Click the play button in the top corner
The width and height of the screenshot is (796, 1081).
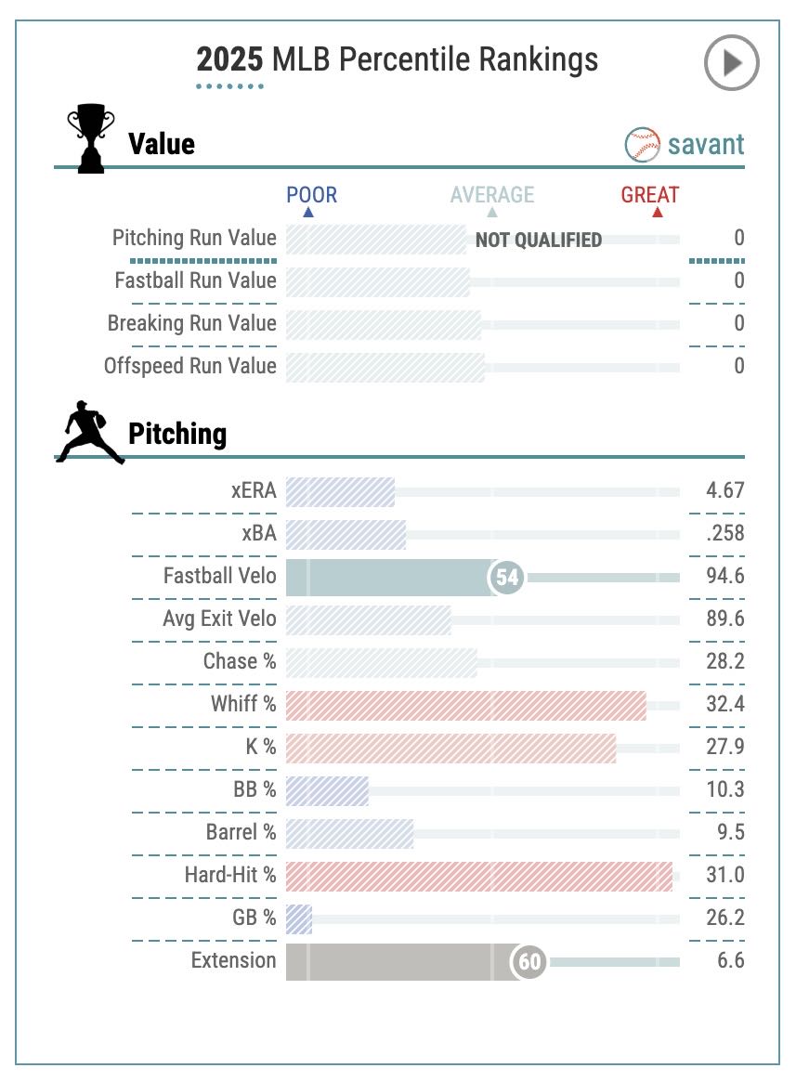(731, 63)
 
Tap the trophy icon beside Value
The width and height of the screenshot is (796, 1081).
(91, 139)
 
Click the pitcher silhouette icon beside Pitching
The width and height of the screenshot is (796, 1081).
(89, 432)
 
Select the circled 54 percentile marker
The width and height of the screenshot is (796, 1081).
(507, 578)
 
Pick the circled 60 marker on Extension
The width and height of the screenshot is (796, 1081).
(529, 961)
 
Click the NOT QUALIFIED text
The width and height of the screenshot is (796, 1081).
(539, 241)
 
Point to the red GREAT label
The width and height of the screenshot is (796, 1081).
(650, 195)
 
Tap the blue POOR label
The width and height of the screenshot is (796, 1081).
(311, 195)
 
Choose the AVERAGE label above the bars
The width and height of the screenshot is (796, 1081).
(492, 195)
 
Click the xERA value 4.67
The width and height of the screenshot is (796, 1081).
(724, 490)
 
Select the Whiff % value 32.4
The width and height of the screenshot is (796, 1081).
(724, 704)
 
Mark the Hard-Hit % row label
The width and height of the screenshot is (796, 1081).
(230, 875)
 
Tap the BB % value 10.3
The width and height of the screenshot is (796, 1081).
(724, 789)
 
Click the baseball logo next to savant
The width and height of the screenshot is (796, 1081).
(643, 145)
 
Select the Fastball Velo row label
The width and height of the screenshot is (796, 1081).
(220, 576)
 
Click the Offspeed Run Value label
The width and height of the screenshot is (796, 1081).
(190, 366)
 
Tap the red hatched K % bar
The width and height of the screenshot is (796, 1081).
(450, 748)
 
